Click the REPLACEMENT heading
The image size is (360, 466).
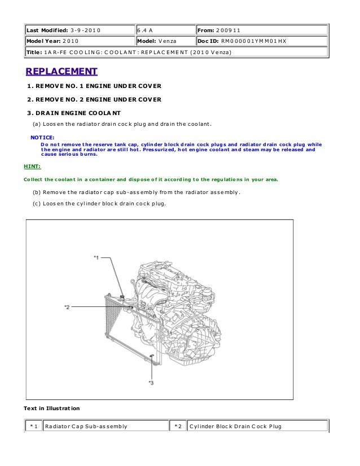coord(62,72)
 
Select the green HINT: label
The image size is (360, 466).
coord(32,167)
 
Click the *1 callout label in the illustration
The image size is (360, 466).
coord(96,257)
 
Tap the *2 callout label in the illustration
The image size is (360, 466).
coord(67,307)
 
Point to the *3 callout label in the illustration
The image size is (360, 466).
coord(151,383)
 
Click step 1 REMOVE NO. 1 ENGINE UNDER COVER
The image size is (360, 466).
coord(95,86)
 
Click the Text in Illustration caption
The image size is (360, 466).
coord(52,408)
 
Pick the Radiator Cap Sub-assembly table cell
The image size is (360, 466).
coord(86,426)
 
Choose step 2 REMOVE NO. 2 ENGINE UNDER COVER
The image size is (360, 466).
coord(95,99)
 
